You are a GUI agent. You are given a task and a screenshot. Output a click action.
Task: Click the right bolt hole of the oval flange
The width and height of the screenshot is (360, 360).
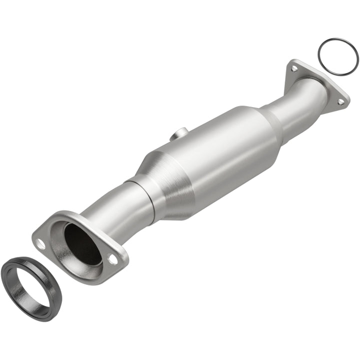(113, 259)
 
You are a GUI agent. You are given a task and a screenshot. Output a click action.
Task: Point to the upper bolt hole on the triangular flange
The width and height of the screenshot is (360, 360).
(293, 68)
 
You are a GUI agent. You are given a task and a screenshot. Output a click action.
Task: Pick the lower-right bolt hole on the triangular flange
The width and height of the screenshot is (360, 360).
(340, 101)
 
